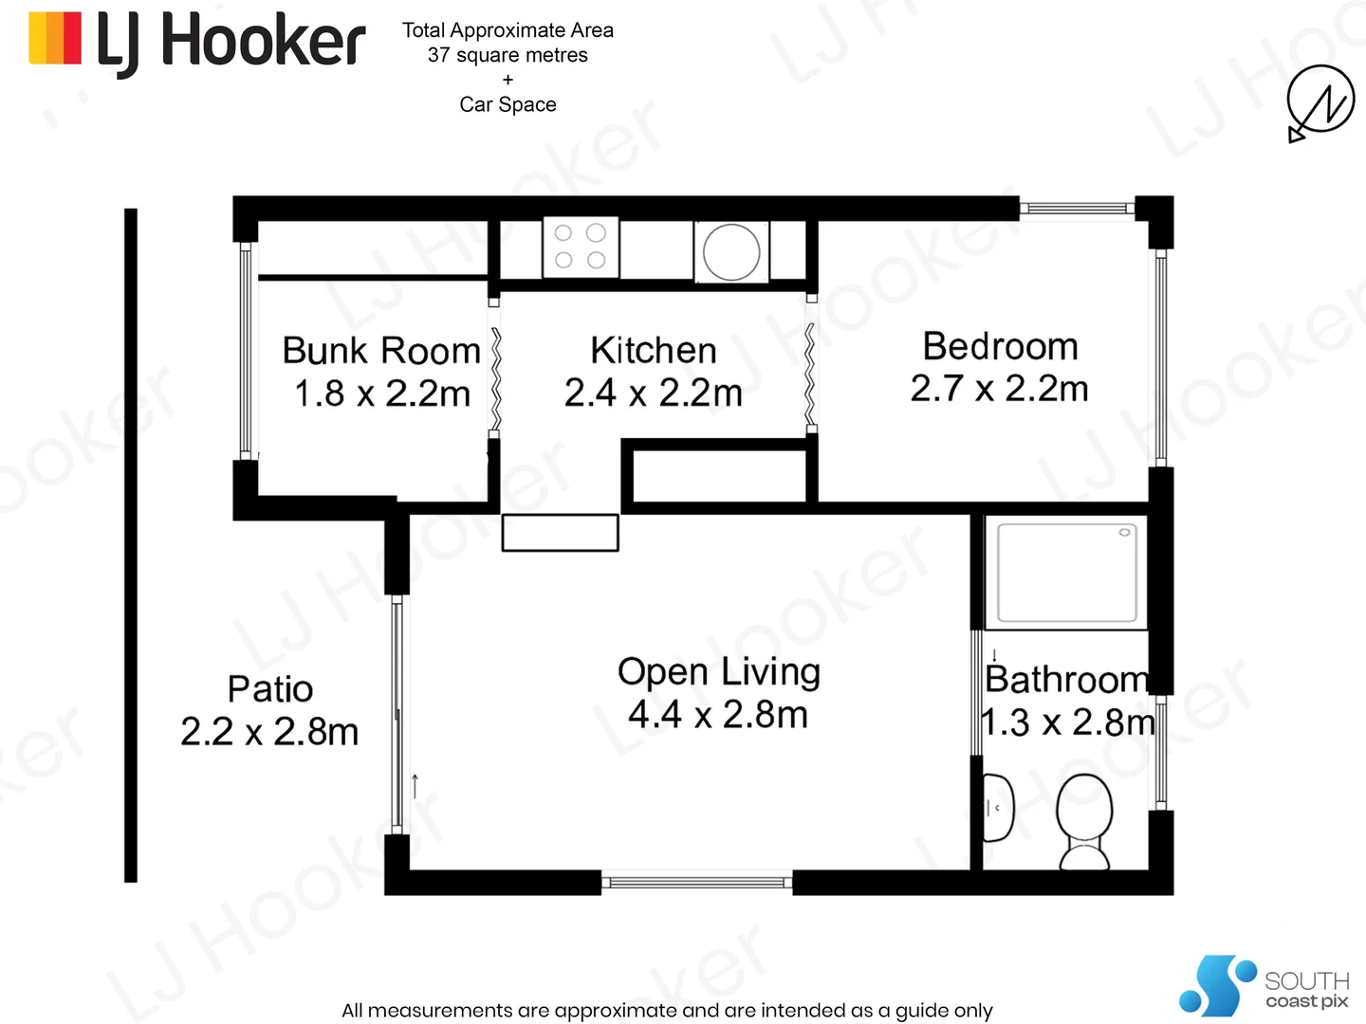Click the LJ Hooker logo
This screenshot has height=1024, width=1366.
tap(197, 42)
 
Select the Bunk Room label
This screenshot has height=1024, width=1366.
tap(381, 351)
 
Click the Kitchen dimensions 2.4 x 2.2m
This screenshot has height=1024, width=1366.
tap(653, 393)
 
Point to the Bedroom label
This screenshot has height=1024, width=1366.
tap(1000, 347)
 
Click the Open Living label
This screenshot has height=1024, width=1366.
tap(718, 671)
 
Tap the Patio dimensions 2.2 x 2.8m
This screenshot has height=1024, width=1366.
tap(269, 732)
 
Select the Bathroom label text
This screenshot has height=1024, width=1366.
tap(1066, 680)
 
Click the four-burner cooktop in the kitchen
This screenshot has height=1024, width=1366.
tap(581, 247)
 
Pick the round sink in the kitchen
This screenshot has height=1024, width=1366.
tap(731, 252)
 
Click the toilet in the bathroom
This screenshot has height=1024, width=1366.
tap(1083, 821)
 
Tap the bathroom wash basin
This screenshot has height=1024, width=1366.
tap(998, 808)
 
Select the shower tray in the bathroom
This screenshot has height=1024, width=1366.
tap(1065, 573)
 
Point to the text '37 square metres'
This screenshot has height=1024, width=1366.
tap(508, 55)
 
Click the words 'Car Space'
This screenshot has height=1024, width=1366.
tap(508, 104)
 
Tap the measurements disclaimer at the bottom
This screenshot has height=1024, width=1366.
tap(667, 1010)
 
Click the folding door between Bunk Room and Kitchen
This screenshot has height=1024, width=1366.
tap(495, 379)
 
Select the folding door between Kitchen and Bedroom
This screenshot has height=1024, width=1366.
tap(810, 375)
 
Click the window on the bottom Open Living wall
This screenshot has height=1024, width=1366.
tap(697, 883)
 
